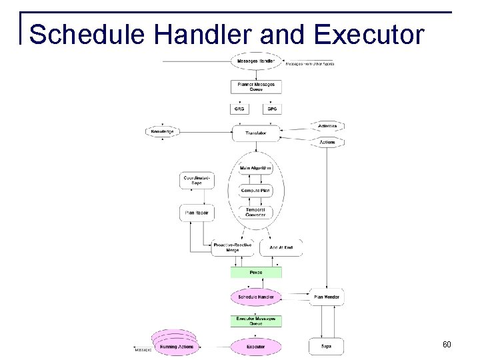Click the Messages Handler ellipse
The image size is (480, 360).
[256, 62]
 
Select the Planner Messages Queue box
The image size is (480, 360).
[256, 87]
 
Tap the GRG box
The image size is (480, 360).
[239, 109]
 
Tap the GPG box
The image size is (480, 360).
[272, 109]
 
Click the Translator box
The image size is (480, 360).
[256, 133]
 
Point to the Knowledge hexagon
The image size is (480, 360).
[163, 132]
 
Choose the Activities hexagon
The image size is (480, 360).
[327, 126]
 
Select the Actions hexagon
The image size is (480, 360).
[327, 142]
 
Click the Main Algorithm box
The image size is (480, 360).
[256, 169]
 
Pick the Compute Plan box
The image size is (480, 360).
[256, 191]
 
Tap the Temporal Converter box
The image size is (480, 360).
[256, 213]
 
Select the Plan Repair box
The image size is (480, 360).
[197, 213]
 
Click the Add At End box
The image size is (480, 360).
[281, 248]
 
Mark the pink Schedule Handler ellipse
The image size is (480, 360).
[256, 297]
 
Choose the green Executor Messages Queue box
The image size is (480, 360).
[256, 321]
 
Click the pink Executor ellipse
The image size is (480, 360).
[256, 347]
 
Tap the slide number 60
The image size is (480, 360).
[446, 345]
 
